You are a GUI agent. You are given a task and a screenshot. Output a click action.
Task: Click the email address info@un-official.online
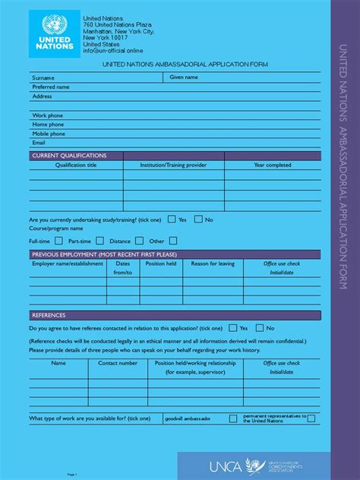(x=114, y=51)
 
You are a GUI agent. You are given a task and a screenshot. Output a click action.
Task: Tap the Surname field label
(x=43, y=77)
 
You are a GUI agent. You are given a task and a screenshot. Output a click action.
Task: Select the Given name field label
(x=184, y=77)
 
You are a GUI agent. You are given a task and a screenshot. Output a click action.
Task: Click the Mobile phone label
(x=49, y=134)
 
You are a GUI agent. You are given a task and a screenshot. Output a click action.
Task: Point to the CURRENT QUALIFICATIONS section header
(x=69, y=155)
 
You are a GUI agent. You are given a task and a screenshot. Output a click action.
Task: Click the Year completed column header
(x=272, y=165)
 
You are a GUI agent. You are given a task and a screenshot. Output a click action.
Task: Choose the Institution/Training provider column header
(x=173, y=165)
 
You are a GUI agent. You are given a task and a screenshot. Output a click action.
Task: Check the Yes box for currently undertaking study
(x=172, y=219)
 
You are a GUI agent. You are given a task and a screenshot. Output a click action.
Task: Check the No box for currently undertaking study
(x=198, y=219)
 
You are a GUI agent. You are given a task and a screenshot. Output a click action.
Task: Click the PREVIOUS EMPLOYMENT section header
(x=104, y=254)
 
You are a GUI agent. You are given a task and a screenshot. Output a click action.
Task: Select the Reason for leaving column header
(x=213, y=264)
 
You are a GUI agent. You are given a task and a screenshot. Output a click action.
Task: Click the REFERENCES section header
(x=49, y=315)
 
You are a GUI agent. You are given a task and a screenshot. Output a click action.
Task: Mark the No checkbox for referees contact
(x=260, y=328)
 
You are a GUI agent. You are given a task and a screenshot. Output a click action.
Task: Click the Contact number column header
(x=118, y=363)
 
